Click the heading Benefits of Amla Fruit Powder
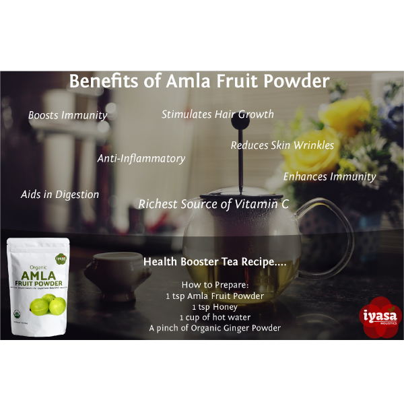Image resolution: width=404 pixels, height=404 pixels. coord(199,82)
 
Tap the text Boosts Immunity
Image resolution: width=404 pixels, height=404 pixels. coord(67,115)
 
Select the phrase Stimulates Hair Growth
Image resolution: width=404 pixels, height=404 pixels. coord(217,114)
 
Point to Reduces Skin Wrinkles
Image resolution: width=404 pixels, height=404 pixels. coord(282,145)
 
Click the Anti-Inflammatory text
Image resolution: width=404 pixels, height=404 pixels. coord(141,158)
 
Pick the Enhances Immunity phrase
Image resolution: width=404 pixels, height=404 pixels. coord(329,176)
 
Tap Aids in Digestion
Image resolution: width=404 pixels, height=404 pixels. coord(60,195)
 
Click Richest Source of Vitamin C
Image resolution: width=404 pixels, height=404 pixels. coord(213,203)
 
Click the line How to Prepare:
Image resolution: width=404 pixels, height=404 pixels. coord(215,285)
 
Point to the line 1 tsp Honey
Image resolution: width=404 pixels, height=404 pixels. coord(215,306)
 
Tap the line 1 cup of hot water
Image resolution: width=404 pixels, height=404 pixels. coord(215,317)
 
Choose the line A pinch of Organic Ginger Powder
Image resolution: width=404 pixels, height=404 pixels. coord(215,328)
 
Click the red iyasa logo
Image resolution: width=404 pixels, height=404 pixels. coord(376,316)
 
